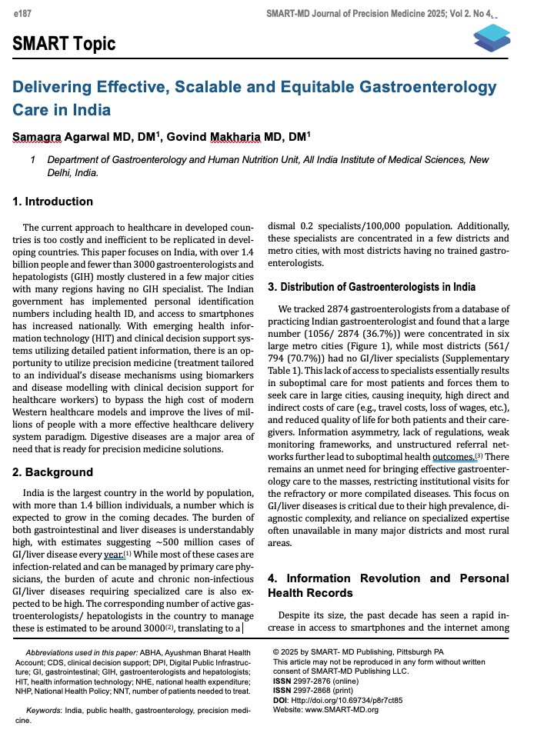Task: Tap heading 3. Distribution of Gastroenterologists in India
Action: click(x=372, y=287)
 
